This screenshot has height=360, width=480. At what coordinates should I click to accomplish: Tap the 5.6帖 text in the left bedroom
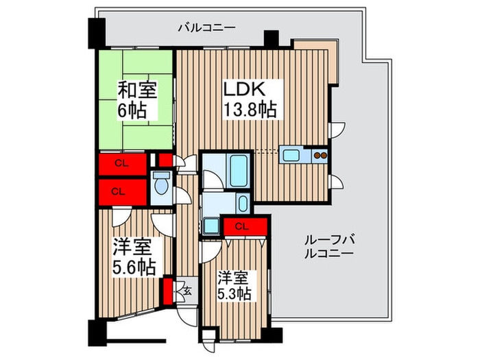coord(134,266)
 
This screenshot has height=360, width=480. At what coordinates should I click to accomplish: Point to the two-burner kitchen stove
coord(320,154)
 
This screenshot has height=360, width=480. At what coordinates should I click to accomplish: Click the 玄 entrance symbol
coord(184,290)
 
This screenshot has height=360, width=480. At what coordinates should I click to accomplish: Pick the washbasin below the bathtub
coord(243,203)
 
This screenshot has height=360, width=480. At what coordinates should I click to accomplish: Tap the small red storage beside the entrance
coord(167,289)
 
